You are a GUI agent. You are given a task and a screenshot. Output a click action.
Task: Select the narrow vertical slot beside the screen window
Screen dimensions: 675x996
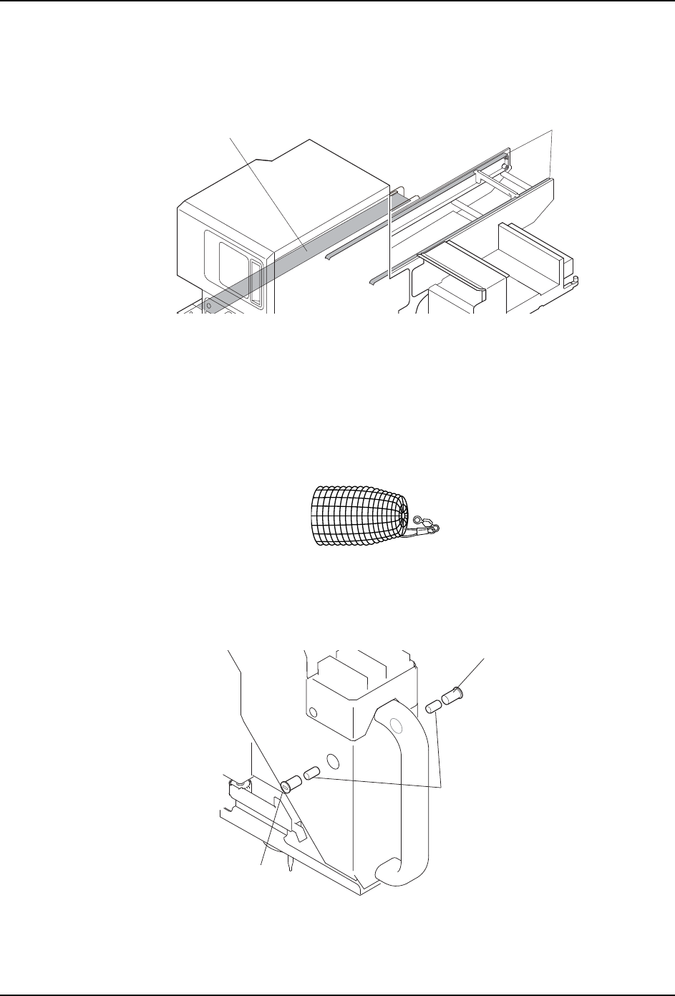click(x=257, y=283)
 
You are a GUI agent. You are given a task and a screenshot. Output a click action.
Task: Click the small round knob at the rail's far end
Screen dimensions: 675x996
click(x=506, y=166)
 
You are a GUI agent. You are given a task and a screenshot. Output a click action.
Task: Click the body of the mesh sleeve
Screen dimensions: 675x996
click(x=351, y=516)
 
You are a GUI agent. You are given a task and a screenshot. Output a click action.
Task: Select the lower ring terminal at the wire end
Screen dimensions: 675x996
click(x=434, y=529)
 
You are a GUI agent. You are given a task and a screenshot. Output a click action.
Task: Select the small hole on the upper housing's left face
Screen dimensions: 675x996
click(x=312, y=712)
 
